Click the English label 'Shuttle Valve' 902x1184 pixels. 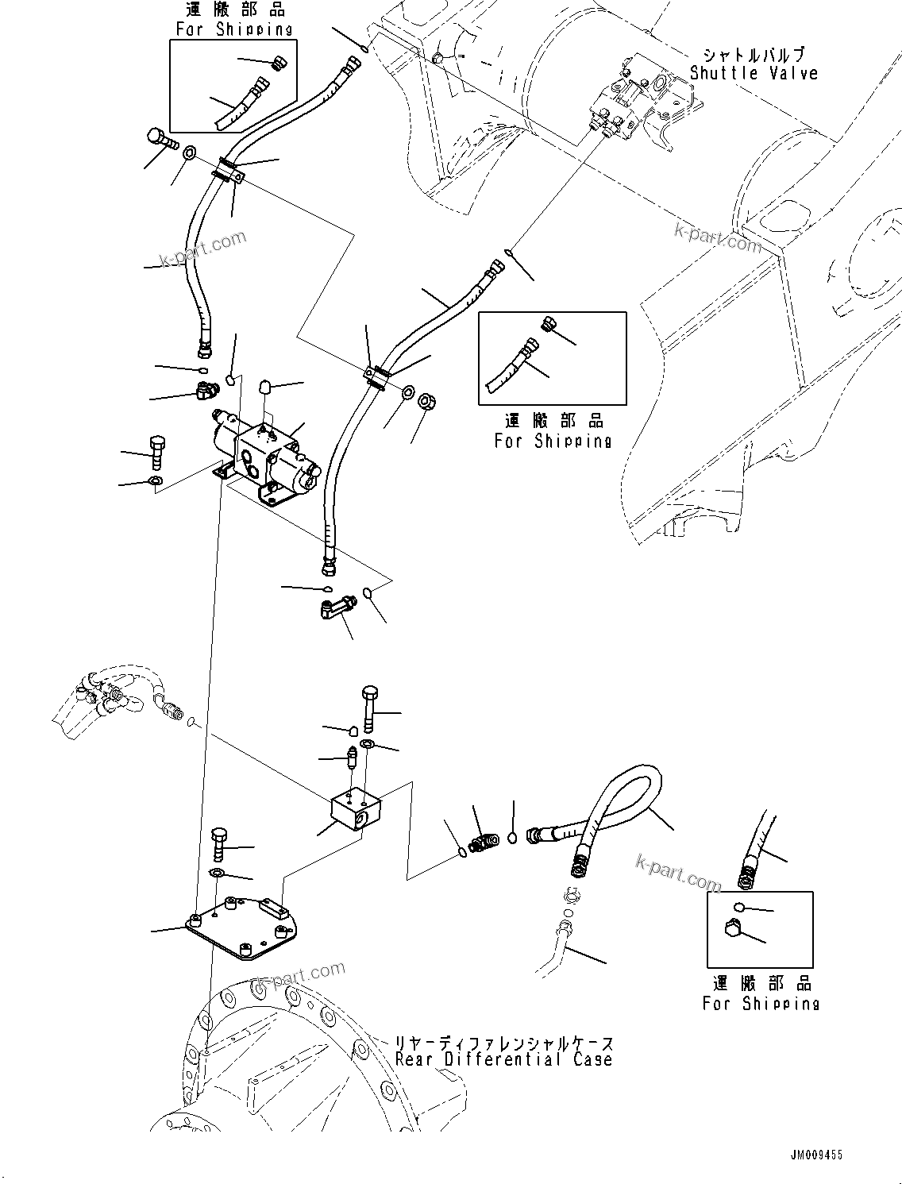tap(753, 73)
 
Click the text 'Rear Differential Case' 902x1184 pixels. tap(503, 1059)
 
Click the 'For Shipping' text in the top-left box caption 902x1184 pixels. tap(233, 29)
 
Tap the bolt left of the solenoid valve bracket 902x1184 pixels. tap(156, 453)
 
